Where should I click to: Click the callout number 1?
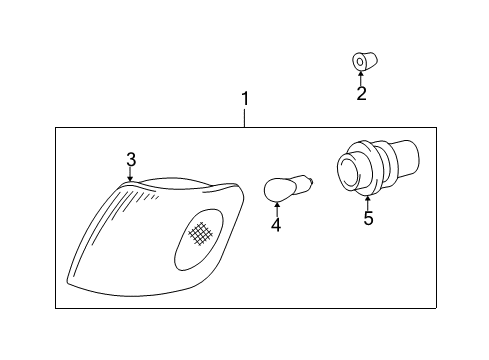coord(244,99)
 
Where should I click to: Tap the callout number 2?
coord(361,94)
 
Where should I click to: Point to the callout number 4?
coord(276,225)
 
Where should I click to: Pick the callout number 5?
coord(368,218)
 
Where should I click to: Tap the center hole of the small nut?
coord(359,62)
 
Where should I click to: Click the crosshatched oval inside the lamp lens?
coord(204,233)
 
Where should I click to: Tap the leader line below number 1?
coord(244,118)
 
